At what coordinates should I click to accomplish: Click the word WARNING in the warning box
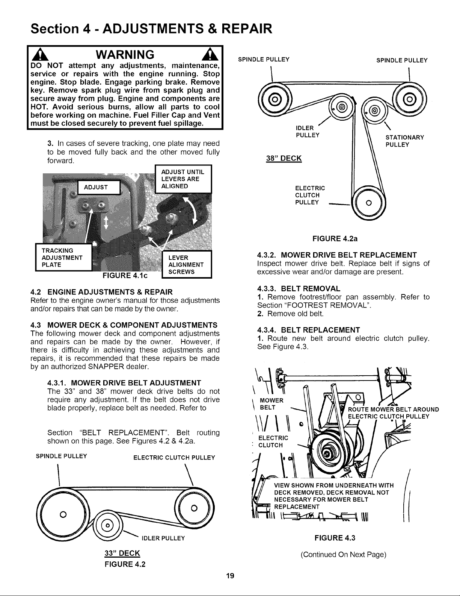125,55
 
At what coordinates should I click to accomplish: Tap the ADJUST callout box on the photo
99,187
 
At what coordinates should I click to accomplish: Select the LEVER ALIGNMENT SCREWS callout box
187,264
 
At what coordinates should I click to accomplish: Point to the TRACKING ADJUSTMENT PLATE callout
63,257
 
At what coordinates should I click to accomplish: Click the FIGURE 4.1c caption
125,276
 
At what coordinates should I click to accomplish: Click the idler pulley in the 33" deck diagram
108,526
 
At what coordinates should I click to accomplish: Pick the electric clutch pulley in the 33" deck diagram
194,508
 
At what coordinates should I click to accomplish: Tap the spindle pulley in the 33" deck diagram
63,514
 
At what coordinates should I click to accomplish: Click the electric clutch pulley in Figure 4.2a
368,203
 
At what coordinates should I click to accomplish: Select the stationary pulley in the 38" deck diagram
375,111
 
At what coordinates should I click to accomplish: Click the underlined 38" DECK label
284,158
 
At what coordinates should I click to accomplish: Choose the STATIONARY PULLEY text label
405,141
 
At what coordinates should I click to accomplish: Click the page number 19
230,576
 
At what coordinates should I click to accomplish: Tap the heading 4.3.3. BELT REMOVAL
299,288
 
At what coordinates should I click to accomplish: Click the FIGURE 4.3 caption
335,538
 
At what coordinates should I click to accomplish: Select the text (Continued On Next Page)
343,554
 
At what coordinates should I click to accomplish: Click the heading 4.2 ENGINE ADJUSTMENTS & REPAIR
102,292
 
